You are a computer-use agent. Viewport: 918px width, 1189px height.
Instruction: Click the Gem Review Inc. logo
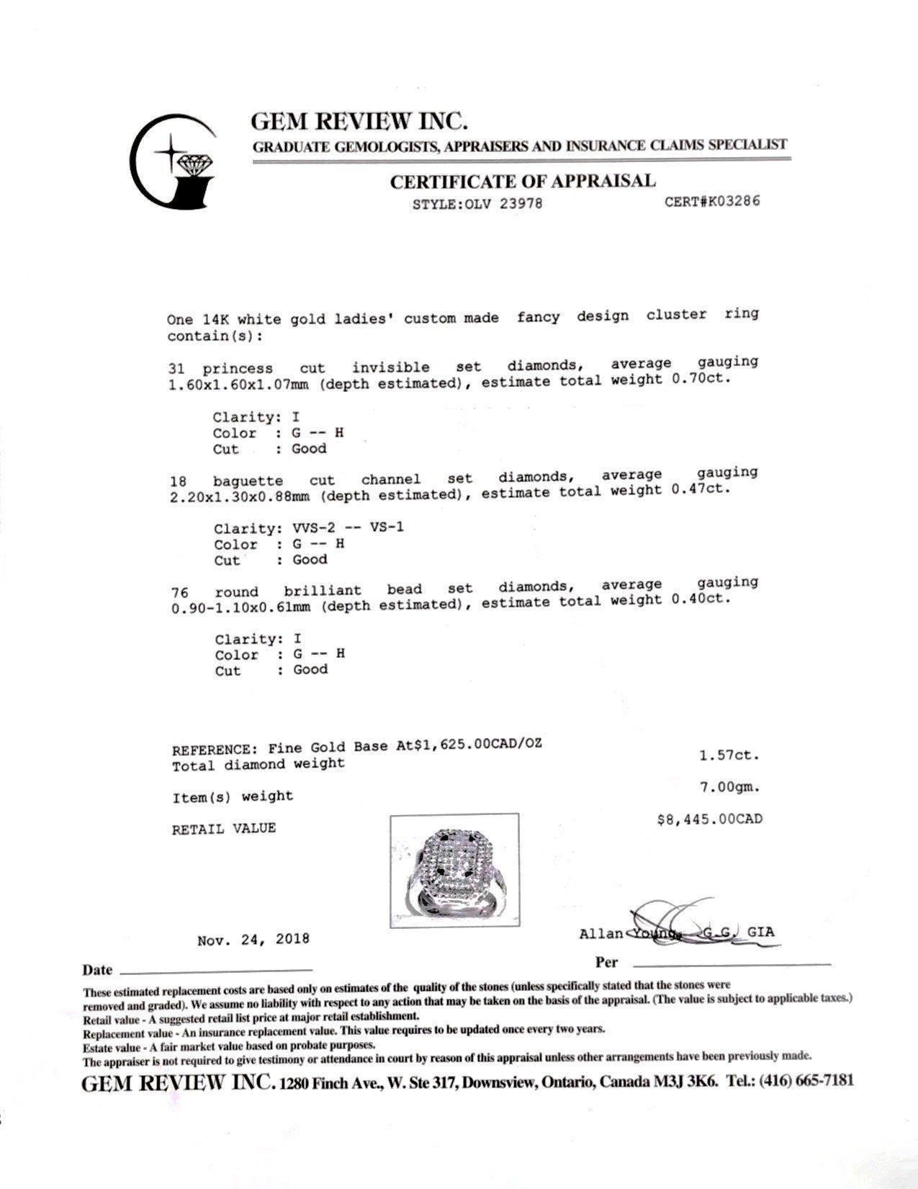(x=173, y=160)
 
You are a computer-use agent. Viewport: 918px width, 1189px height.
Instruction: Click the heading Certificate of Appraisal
(x=523, y=181)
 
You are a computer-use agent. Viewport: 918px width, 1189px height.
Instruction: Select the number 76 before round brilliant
(x=180, y=592)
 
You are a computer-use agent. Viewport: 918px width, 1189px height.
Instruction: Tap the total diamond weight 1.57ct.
(x=729, y=755)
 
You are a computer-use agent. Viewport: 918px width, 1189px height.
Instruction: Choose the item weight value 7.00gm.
(x=729, y=787)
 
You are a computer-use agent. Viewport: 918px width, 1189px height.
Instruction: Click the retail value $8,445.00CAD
(x=709, y=819)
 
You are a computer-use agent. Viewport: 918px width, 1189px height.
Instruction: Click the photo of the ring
(x=454, y=870)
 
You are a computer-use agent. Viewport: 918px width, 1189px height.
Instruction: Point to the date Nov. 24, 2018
(x=253, y=939)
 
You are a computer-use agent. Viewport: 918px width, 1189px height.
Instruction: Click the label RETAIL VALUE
(x=223, y=829)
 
